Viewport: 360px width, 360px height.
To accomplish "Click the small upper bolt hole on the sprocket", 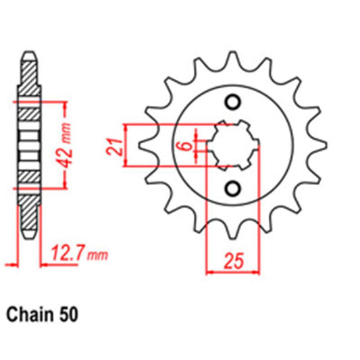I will click(234, 103).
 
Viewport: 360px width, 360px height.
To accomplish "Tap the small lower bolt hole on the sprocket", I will click(234, 188).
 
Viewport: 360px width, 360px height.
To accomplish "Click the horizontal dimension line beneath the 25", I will click(234, 272).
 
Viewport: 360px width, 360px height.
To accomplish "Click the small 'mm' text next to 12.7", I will click(99, 256).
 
